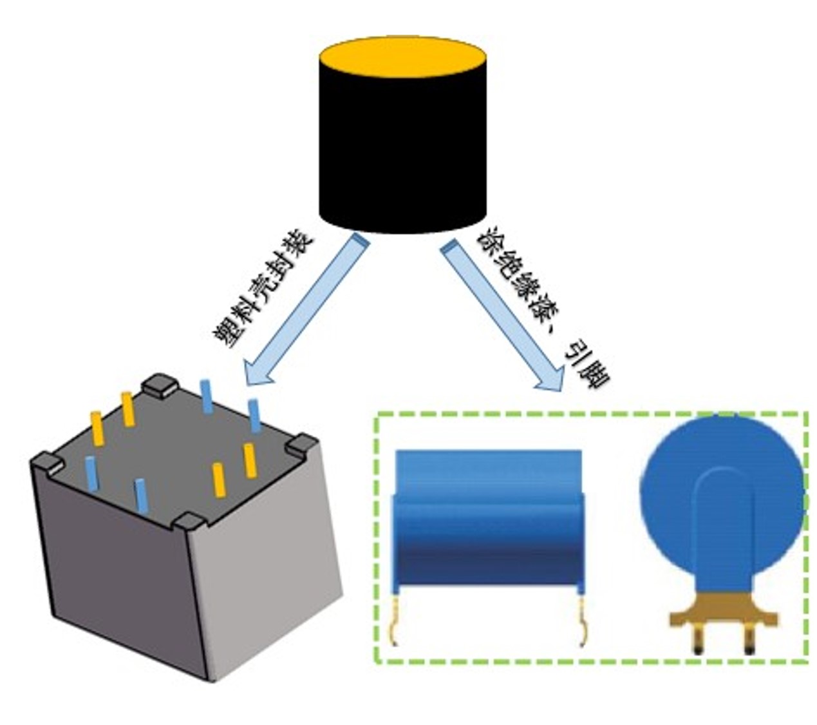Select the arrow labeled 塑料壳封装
point(303,310)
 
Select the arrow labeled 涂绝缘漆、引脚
point(503,315)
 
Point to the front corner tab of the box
point(189,521)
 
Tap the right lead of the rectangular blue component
point(583,622)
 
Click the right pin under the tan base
point(749,642)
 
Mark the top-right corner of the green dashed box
point(807,414)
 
